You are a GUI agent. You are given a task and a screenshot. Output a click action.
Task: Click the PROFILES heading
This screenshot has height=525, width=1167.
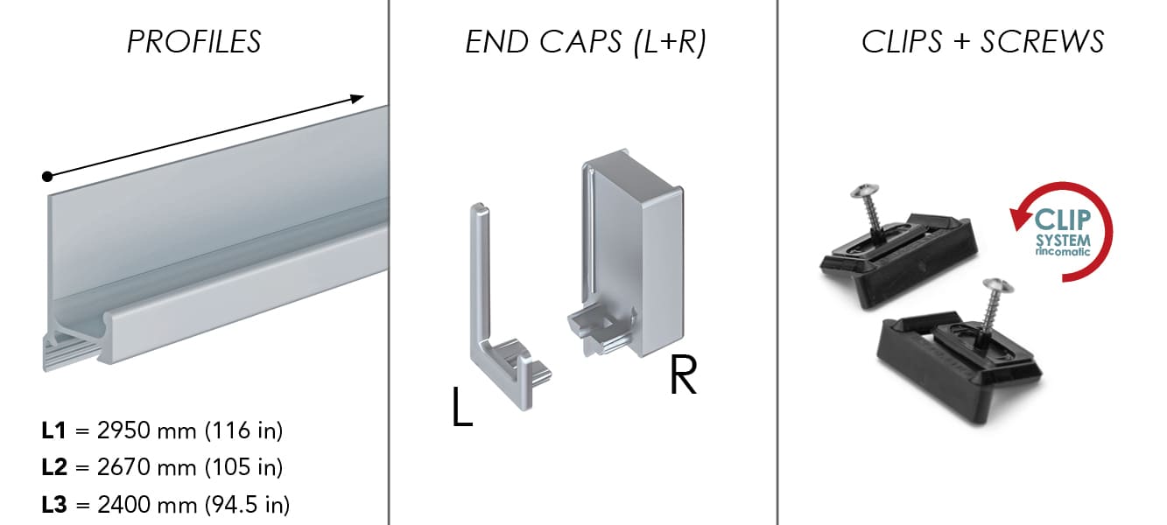[193, 42]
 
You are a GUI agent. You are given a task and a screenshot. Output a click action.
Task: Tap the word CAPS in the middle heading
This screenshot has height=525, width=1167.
[580, 42]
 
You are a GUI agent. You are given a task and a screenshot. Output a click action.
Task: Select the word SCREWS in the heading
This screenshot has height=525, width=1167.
[1043, 42]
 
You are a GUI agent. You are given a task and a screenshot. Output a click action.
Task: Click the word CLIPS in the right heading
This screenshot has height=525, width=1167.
[902, 42]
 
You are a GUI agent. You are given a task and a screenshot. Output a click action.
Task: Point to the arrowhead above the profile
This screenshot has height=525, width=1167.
[357, 98]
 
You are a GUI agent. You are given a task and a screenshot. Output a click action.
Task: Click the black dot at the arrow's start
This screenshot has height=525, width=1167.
[47, 177]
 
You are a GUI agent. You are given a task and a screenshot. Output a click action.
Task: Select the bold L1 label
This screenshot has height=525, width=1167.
[53, 430]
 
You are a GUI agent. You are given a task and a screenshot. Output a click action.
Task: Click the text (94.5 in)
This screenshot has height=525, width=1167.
[247, 505]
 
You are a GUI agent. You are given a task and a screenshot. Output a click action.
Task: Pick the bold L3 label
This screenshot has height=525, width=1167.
[54, 505]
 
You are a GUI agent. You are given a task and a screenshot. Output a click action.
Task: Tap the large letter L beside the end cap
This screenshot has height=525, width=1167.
[462, 407]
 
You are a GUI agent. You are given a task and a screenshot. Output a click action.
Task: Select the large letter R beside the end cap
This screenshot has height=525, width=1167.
[683, 374]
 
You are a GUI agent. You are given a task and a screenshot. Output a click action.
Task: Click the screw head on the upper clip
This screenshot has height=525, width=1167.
[865, 191]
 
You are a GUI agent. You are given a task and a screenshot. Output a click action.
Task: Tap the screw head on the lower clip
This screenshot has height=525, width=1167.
[998, 286]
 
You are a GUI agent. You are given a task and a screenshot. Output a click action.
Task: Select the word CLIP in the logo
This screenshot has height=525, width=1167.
[1062, 220]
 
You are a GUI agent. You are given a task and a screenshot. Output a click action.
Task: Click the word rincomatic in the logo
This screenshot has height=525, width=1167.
[1062, 251]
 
